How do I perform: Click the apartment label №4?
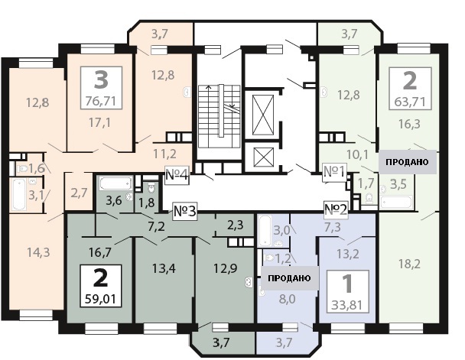[177, 175]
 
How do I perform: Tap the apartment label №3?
[185, 211]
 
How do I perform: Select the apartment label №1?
[334, 172]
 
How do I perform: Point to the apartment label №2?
[336, 209]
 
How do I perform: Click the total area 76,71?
[100, 101]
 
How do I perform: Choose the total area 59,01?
[100, 299]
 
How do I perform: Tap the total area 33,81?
[347, 305]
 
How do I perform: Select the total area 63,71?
[410, 102]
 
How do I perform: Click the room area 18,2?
[409, 264]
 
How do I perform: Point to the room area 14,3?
[38, 252]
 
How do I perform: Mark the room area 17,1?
[100, 122]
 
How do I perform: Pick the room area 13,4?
[164, 268]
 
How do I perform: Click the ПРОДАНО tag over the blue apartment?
[289, 278]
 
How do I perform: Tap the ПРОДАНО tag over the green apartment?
[407, 162]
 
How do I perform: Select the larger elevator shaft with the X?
[263, 115]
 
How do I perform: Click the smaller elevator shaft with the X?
[263, 157]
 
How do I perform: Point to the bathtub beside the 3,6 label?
[115, 183]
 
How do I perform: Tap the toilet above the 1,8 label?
[151, 186]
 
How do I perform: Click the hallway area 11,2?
[164, 154]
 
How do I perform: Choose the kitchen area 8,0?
[287, 299]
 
